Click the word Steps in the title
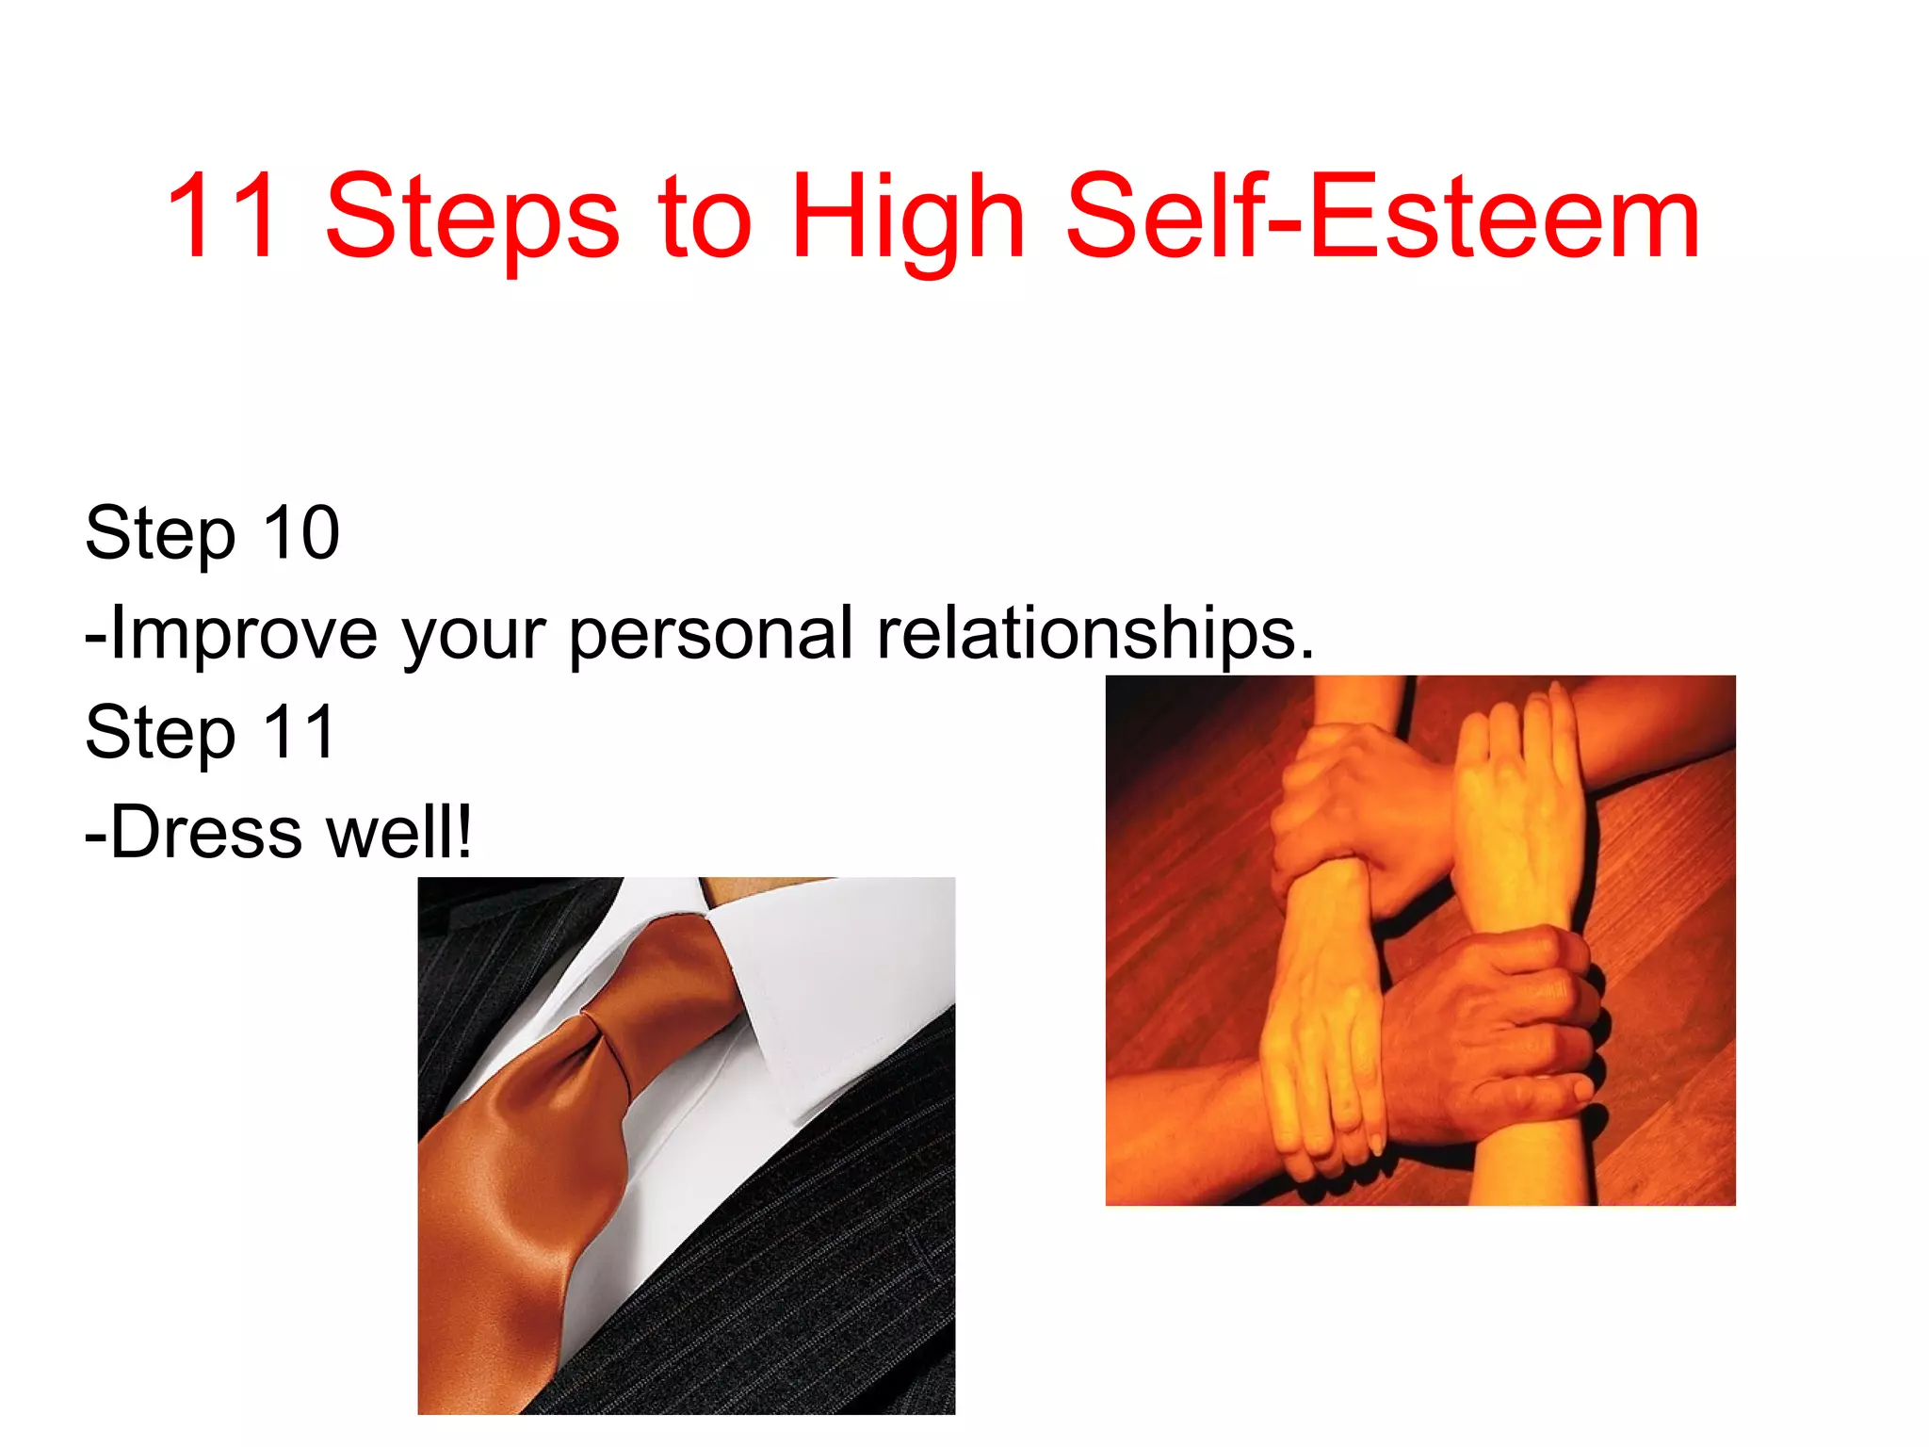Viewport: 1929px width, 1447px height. (x=471, y=219)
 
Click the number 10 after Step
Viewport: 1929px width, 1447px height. (x=300, y=533)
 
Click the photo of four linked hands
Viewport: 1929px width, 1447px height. (x=1420, y=940)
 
